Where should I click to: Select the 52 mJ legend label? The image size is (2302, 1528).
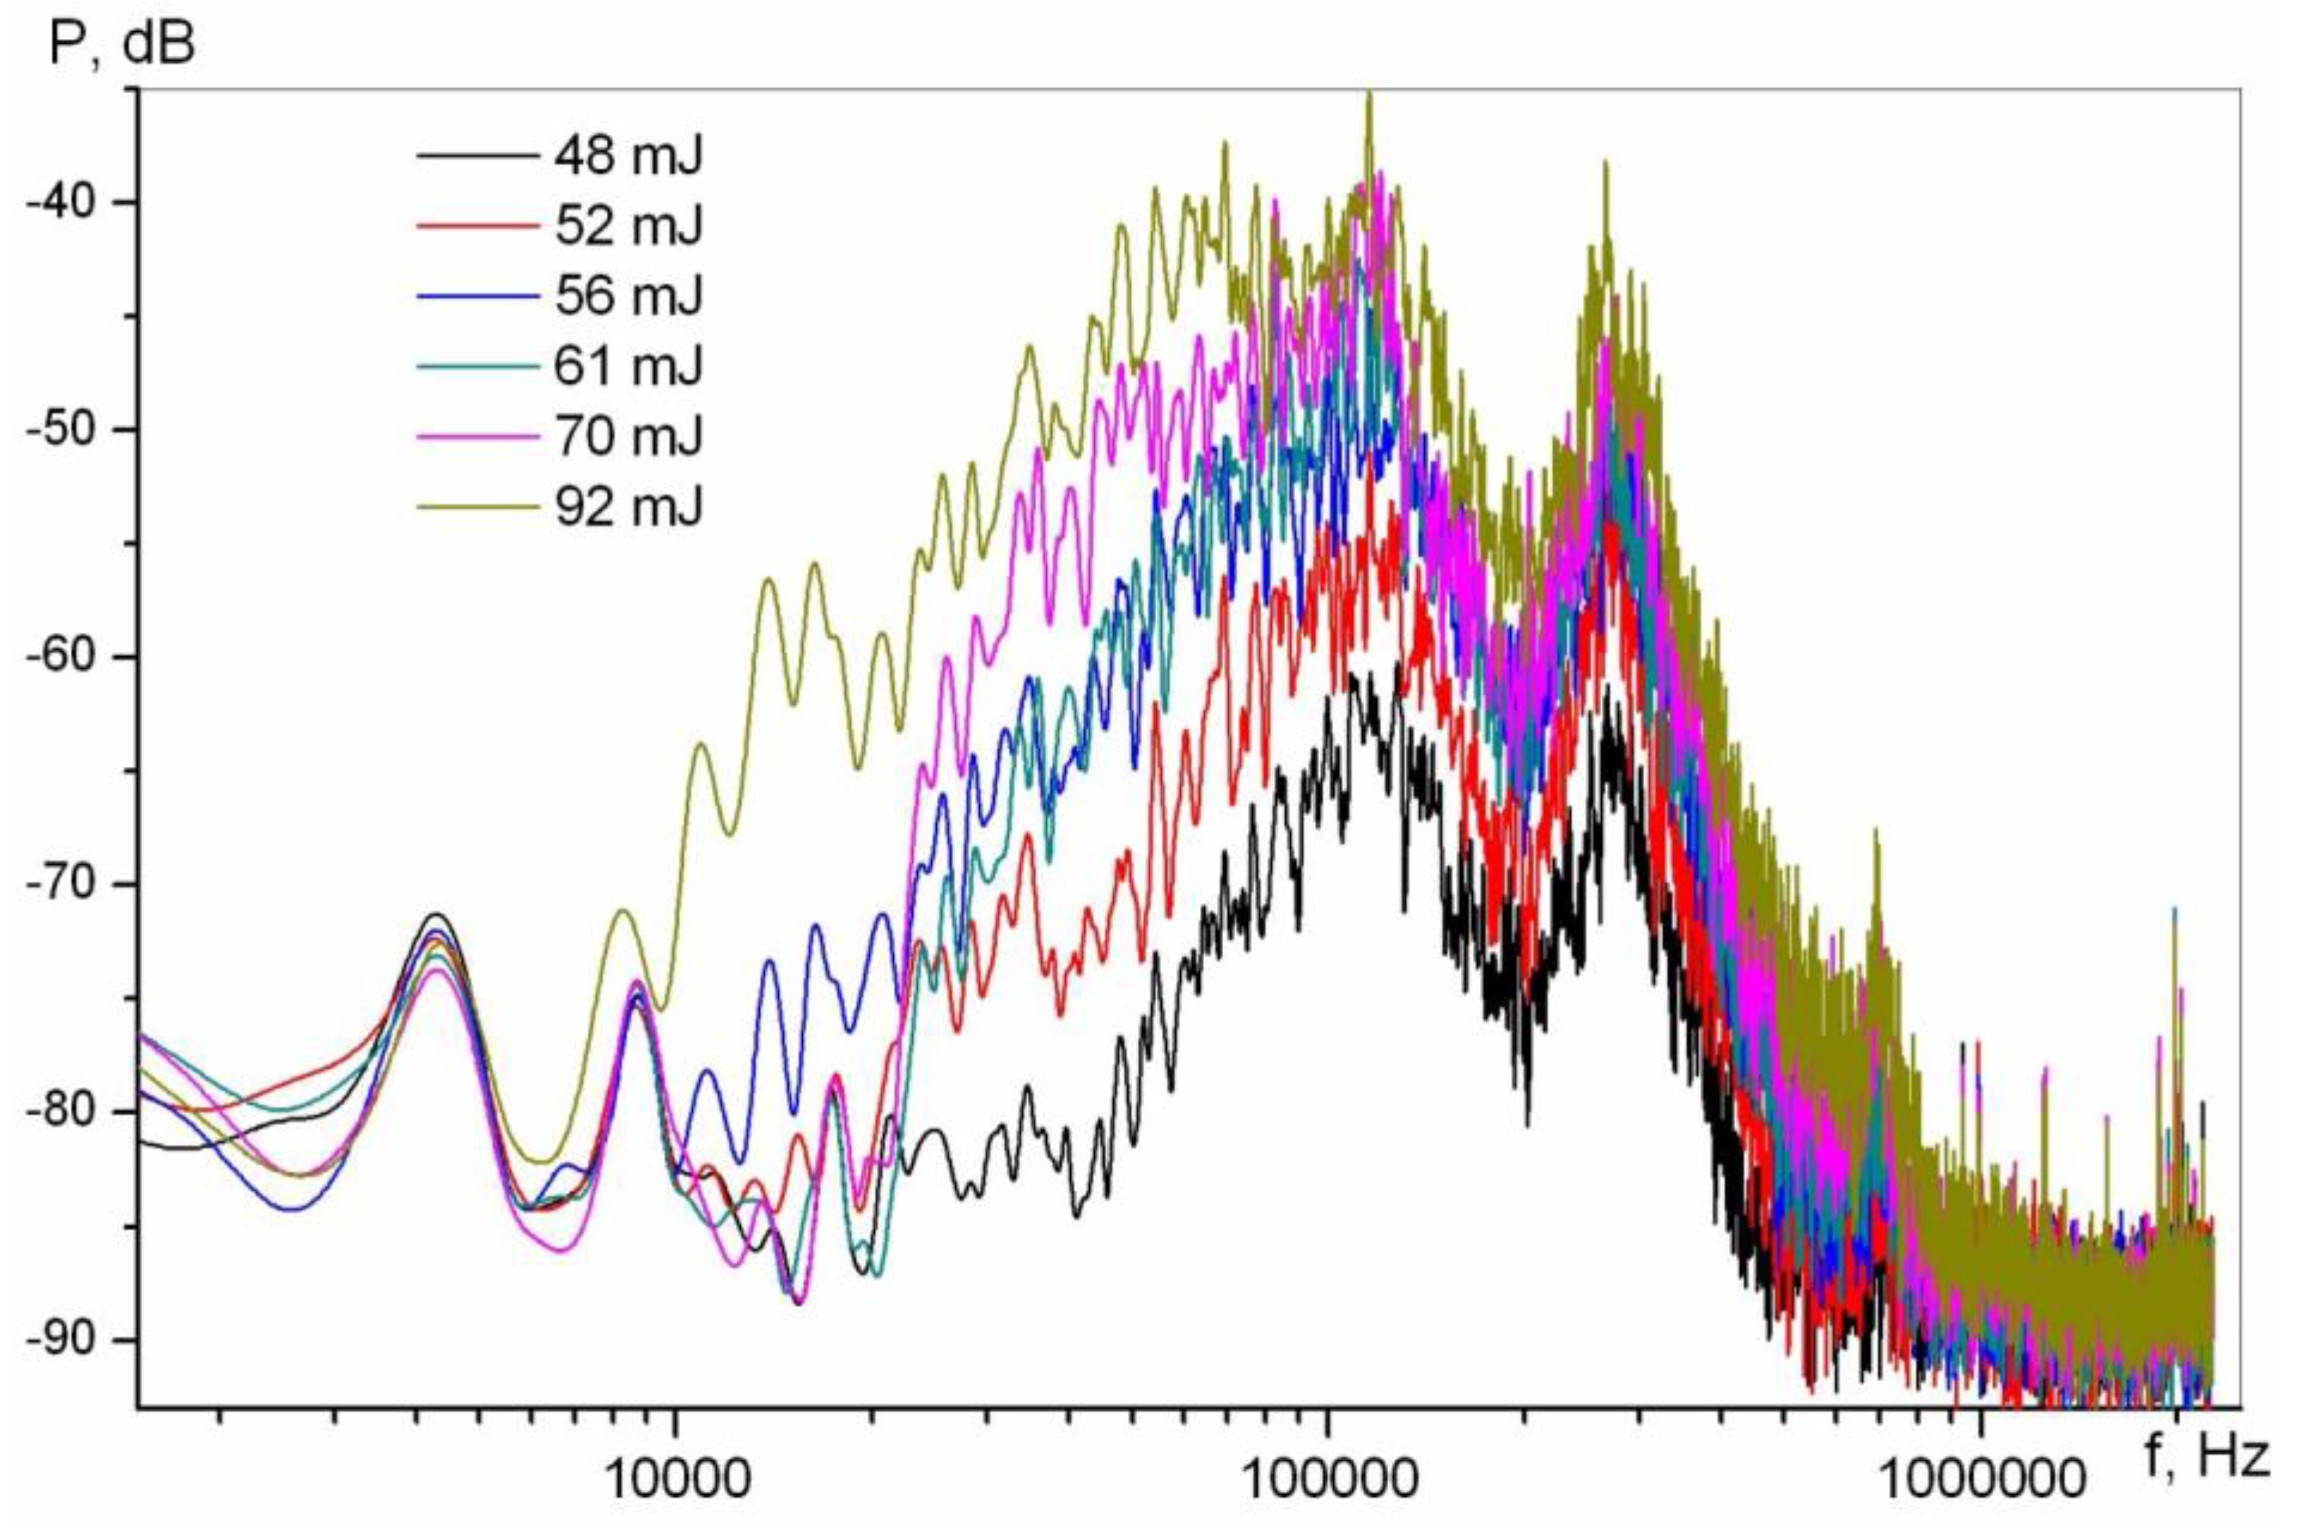click(628, 226)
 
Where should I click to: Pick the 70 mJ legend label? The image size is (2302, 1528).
click(628, 435)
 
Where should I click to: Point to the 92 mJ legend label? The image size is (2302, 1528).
click(628, 507)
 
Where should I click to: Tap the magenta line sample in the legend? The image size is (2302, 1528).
click(478, 435)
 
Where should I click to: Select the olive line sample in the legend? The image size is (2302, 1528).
click(478, 507)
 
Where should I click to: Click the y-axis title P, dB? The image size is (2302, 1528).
click(122, 44)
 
